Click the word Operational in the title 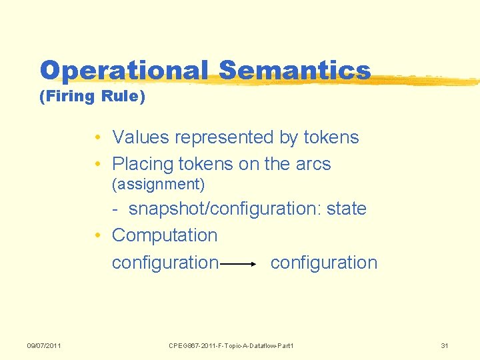click(x=124, y=70)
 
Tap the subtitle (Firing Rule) click(x=92, y=97)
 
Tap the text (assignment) click(x=158, y=183)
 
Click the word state click(x=347, y=209)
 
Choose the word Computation click(x=165, y=235)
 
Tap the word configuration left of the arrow click(x=165, y=263)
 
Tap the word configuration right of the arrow click(x=324, y=263)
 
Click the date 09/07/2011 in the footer click(x=44, y=345)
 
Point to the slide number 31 click(x=445, y=345)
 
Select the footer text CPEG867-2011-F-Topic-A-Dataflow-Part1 click(x=231, y=345)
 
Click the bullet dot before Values click(x=97, y=138)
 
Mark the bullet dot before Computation click(x=97, y=236)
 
